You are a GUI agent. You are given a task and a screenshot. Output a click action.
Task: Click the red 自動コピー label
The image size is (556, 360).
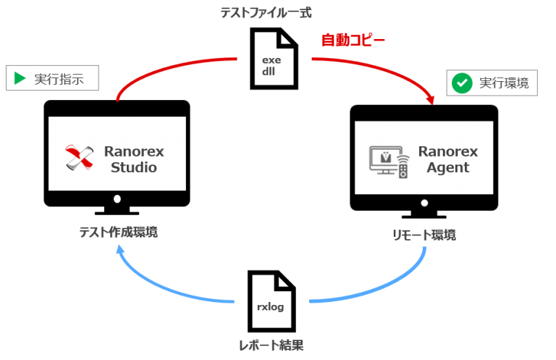(x=353, y=40)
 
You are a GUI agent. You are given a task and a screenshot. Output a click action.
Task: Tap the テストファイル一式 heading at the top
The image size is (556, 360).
(x=266, y=12)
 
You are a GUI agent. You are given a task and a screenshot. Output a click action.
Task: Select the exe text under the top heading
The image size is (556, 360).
(x=271, y=60)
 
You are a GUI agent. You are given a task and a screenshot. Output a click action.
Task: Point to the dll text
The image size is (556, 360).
(x=269, y=72)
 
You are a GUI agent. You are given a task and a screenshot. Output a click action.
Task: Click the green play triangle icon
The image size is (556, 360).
(x=20, y=78)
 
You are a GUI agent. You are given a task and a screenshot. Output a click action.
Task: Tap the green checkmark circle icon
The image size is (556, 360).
(x=461, y=83)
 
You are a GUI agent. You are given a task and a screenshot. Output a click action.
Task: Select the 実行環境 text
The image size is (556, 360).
(x=504, y=83)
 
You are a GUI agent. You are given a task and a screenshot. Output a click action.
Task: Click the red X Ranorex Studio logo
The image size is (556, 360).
(x=79, y=159)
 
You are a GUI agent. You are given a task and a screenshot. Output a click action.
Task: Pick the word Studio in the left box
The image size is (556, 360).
(x=133, y=167)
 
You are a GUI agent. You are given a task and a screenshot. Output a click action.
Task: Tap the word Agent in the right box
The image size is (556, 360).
(x=447, y=167)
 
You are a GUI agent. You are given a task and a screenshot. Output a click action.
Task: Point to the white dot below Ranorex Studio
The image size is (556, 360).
(x=117, y=199)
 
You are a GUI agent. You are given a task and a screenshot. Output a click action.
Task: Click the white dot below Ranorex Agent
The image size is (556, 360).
(x=425, y=203)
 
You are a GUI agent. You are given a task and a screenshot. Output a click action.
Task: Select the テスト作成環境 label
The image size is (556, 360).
(x=118, y=233)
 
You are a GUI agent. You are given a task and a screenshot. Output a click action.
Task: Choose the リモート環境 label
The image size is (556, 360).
(x=424, y=235)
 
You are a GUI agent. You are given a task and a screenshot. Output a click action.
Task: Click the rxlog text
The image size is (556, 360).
(x=271, y=306)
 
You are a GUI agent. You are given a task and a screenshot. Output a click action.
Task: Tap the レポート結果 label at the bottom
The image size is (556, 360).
(x=271, y=345)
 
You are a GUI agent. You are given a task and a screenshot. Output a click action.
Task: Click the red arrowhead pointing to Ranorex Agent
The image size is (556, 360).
(x=431, y=99)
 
